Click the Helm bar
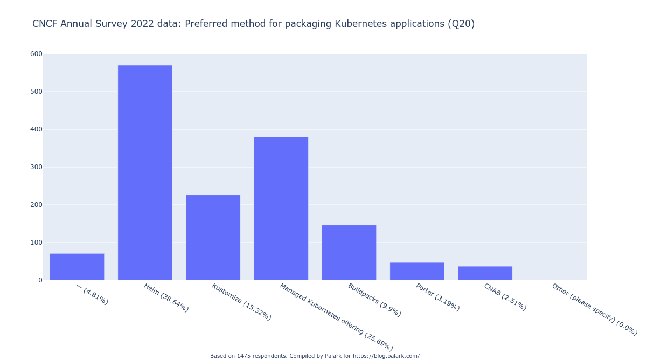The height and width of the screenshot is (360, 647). tap(145, 172)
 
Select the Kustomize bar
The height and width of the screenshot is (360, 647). tap(213, 237)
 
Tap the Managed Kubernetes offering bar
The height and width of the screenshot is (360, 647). tap(281, 209)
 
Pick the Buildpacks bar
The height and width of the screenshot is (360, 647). tap(349, 252)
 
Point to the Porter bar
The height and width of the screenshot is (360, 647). tap(417, 271)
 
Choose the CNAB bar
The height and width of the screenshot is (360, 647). tap(485, 273)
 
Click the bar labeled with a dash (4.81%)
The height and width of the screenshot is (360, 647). tap(77, 267)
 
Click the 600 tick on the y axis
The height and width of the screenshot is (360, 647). tap(36, 54)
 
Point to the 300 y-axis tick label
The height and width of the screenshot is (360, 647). tap(36, 167)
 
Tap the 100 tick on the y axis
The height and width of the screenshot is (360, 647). tap(36, 243)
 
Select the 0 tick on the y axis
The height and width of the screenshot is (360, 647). tap(40, 280)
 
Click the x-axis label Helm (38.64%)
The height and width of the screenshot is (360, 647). tap(166, 297)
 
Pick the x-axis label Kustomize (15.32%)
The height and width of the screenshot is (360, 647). tap(241, 302)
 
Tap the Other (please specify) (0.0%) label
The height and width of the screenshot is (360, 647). tap(594, 309)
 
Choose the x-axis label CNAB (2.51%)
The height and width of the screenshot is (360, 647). tap(505, 297)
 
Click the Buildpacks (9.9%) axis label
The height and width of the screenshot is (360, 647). tap(374, 300)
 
